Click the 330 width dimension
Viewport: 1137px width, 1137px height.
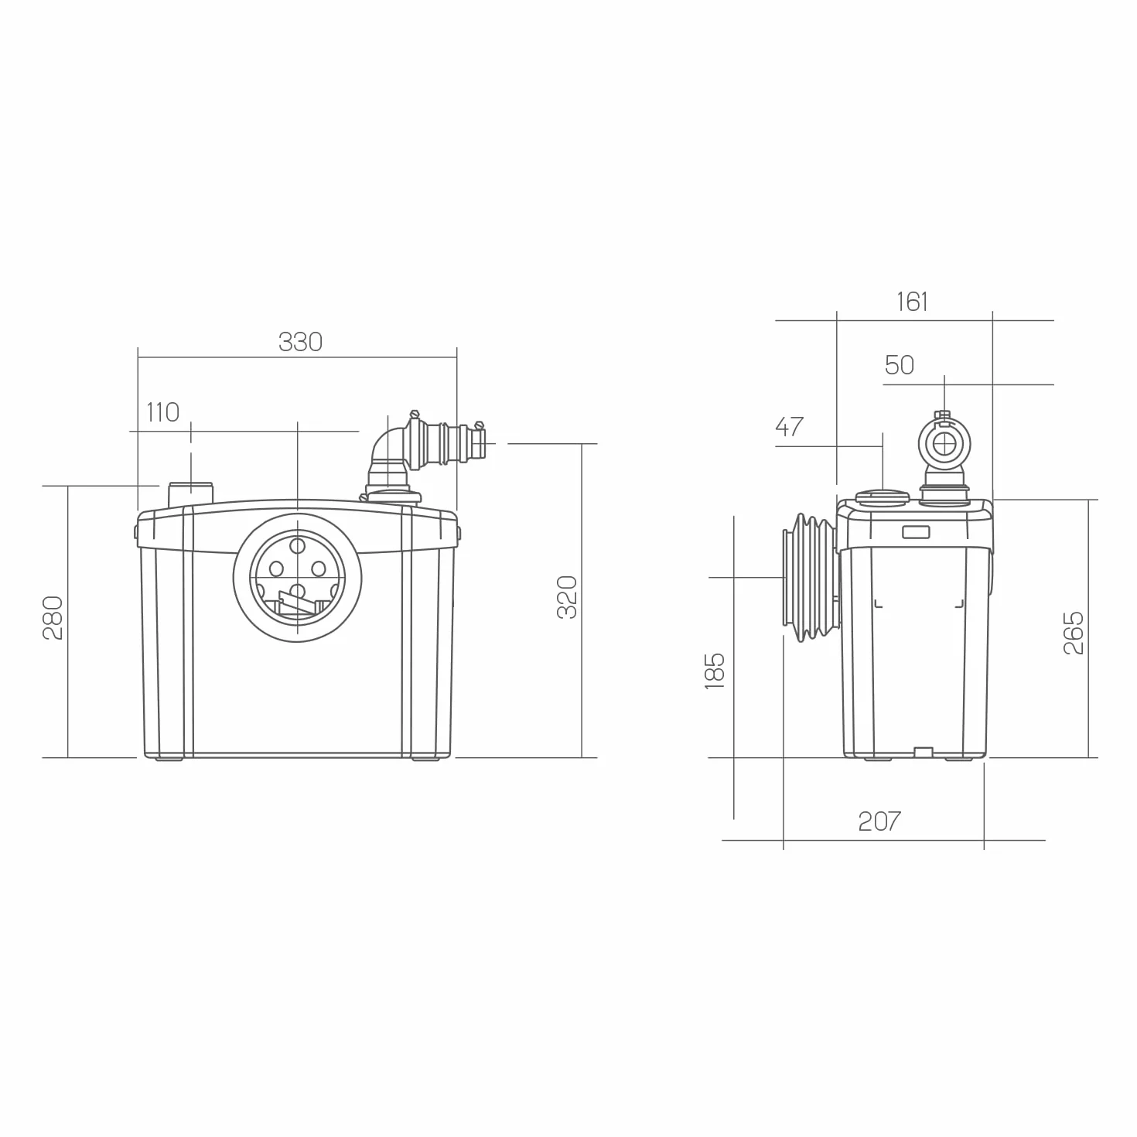300,342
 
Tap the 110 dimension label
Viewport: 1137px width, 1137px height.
163,412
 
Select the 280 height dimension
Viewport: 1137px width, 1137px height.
53,618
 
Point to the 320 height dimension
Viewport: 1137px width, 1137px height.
567,597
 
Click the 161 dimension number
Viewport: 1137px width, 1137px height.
912,302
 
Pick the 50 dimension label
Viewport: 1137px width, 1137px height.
900,365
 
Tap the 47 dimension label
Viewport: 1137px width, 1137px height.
790,427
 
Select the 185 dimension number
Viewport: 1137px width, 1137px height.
715,671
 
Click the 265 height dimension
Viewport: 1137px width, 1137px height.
1074,633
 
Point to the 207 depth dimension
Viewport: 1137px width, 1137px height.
879,821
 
